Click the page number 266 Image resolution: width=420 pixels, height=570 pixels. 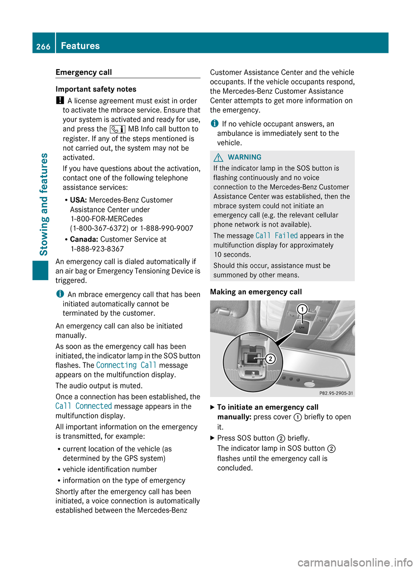pos(43,46)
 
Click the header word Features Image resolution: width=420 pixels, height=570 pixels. pos(80,46)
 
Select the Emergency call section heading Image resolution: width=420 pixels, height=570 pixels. pos(84,72)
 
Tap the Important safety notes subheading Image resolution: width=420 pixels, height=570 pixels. pos(96,89)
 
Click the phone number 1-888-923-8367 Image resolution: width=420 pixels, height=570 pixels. pos(97,249)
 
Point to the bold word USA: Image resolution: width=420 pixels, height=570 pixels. pos(78,200)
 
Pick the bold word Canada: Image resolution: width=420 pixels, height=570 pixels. pos(84,239)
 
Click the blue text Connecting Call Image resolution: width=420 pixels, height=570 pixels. pos(126,365)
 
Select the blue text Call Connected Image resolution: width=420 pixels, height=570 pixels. pos(84,406)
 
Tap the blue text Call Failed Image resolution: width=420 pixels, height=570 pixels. pos(276,236)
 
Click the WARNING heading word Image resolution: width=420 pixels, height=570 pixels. pos(245,157)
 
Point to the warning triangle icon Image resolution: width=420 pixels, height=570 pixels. pos(218,158)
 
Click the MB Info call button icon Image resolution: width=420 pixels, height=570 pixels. pos(117,129)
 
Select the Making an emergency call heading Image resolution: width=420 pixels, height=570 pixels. pos(256,292)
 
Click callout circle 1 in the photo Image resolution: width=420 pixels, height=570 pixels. pos(302,310)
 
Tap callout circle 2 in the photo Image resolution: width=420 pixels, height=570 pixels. pos(271,359)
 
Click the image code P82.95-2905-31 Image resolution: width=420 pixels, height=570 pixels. pos(336,393)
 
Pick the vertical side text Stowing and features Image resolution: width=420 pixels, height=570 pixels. pos(44,204)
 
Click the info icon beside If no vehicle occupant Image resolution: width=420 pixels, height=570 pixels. pos(214,124)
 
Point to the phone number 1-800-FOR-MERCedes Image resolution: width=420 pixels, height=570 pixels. pos(107,219)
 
